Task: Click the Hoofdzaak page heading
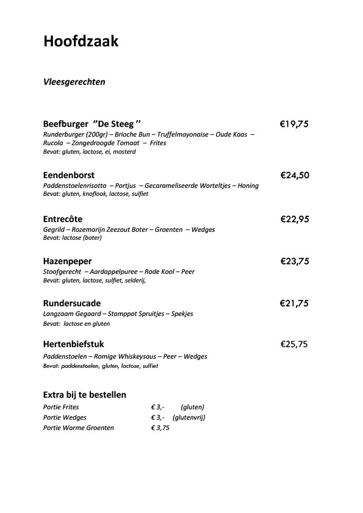pyautogui.click(x=81, y=41)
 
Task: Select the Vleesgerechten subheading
pyautogui.click(x=74, y=82)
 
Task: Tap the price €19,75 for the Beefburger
pyautogui.click(x=294, y=124)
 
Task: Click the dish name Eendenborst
pyautogui.click(x=69, y=175)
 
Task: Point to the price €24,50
pyautogui.click(x=295, y=175)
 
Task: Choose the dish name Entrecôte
pyautogui.click(x=63, y=218)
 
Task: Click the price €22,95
pyautogui.click(x=295, y=218)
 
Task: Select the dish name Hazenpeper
pyautogui.click(x=68, y=261)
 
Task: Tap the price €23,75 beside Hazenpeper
pyautogui.click(x=295, y=261)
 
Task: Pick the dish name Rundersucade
pyautogui.click(x=72, y=303)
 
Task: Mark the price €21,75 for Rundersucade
pyautogui.click(x=294, y=303)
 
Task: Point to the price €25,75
pyautogui.click(x=294, y=344)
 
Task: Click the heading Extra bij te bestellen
pyautogui.click(x=85, y=395)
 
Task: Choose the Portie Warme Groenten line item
pyautogui.click(x=79, y=428)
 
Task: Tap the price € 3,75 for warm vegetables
pyautogui.click(x=160, y=428)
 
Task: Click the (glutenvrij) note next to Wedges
pyautogui.click(x=189, y=417)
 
